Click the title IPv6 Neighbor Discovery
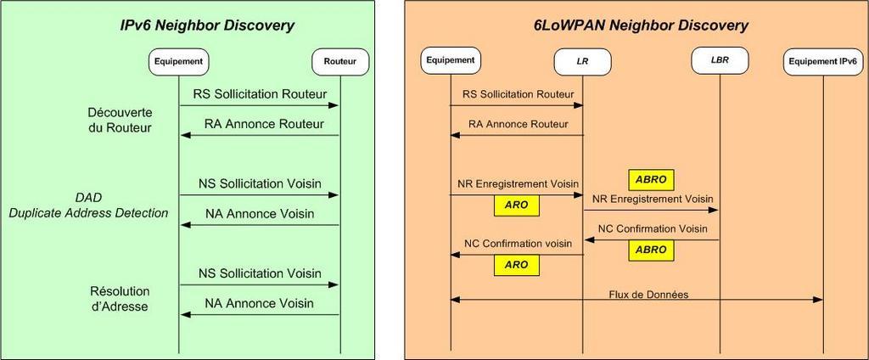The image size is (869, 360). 207,25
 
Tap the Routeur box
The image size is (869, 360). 339,62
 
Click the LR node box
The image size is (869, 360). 582,62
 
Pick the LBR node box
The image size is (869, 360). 720,60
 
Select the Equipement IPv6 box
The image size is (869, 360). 823,62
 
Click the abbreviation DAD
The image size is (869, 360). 88,197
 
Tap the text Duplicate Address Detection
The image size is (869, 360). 88,213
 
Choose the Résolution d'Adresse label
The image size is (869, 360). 119,298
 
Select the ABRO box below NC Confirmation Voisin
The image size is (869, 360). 651,250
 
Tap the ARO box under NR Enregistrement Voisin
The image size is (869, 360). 517,205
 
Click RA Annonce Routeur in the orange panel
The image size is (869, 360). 519,124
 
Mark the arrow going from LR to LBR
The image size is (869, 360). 651,211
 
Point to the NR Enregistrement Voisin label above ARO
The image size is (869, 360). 519,183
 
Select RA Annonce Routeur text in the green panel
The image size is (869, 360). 264,124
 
